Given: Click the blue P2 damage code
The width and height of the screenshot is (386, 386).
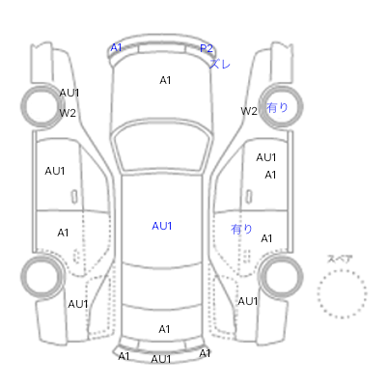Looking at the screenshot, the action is coord(207,48).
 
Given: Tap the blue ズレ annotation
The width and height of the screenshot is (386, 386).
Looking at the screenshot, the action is coord(220,64).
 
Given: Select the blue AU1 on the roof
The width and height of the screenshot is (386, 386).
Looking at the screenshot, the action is coord(162,226).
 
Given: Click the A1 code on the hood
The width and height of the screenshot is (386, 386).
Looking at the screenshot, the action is coord(165,80).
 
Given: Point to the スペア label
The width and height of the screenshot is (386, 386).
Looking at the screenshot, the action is coord(340,259).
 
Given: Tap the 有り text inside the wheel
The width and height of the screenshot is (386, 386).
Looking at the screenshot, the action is coord(277,107).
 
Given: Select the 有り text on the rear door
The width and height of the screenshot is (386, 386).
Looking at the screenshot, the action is coord(241,229).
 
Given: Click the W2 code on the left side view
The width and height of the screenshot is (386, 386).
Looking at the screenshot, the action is coord(68,113).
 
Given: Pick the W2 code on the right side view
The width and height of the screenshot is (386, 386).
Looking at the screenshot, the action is coord(249,111).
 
